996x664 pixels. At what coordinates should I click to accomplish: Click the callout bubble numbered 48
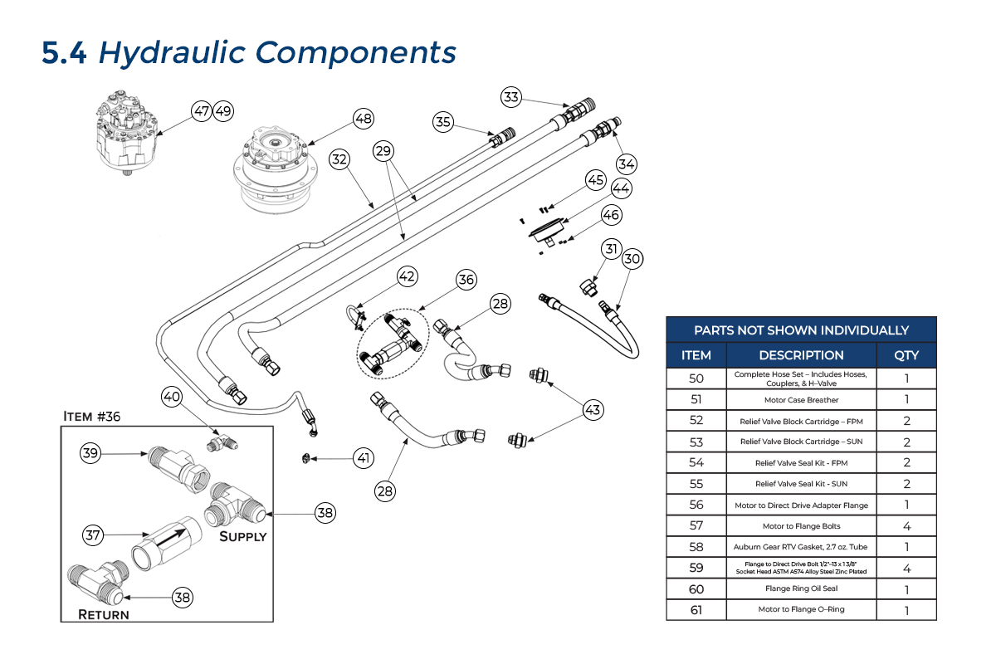pyautogui.click(x=364, y=118)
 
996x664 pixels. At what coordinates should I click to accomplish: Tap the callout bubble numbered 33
pyautogui.click(x=511, y=97)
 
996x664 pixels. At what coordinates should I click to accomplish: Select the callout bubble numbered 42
pyautogui.click(x=407, y=276)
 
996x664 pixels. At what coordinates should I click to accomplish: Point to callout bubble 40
pyautogui.click(x=172, y=398)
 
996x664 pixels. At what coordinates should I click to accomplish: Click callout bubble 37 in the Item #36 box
pyautogui.click(x=92, y=535)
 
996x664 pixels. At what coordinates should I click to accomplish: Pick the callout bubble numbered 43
pyautogui.click(x=593, y=409)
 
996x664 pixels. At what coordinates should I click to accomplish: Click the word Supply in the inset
pyautogui.click(x=242, y=536)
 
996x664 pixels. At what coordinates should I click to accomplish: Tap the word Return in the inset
pyautogui.click(x=104, y=615)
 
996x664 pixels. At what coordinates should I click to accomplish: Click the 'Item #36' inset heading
pyautogui.click(x=92, y=416)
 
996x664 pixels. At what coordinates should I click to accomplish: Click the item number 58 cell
pyautogui.click(x=696, y=547)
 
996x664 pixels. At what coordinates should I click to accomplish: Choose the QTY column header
pyautogui.click(x=906, y=355)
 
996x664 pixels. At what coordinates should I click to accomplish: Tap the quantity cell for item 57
pyautogui.click(x=906, y=525)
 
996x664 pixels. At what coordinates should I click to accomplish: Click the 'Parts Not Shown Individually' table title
pyautogui.click(x=801, y=330)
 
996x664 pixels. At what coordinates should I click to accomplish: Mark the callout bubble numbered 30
pyautogui.click(x=632, y=259)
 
